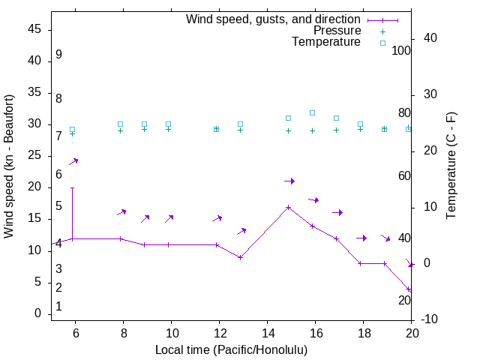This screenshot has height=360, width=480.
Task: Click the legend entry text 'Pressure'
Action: click(337, 31)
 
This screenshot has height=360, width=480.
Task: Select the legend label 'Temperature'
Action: click(326, 42)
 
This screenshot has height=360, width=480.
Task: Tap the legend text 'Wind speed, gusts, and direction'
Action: click(274, 19)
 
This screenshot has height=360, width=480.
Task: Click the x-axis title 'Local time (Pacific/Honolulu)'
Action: click(231, 349)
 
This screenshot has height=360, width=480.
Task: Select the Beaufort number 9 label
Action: click(58, 55)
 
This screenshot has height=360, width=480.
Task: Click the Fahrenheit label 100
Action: click(402, 51)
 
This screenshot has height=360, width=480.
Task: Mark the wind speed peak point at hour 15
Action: click(288, 207)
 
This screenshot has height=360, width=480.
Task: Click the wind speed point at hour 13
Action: click(240, 257)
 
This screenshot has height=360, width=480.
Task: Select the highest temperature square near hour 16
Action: click(312, 112)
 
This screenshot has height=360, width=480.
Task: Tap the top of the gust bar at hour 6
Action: click(72, 187)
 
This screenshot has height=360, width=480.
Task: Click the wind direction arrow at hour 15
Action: click(289, 181)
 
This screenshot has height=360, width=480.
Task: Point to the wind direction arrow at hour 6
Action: click(73, 161)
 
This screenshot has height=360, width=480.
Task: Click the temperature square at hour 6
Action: click(72, 130)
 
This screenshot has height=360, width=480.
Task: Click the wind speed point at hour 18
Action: click(360, 263)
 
